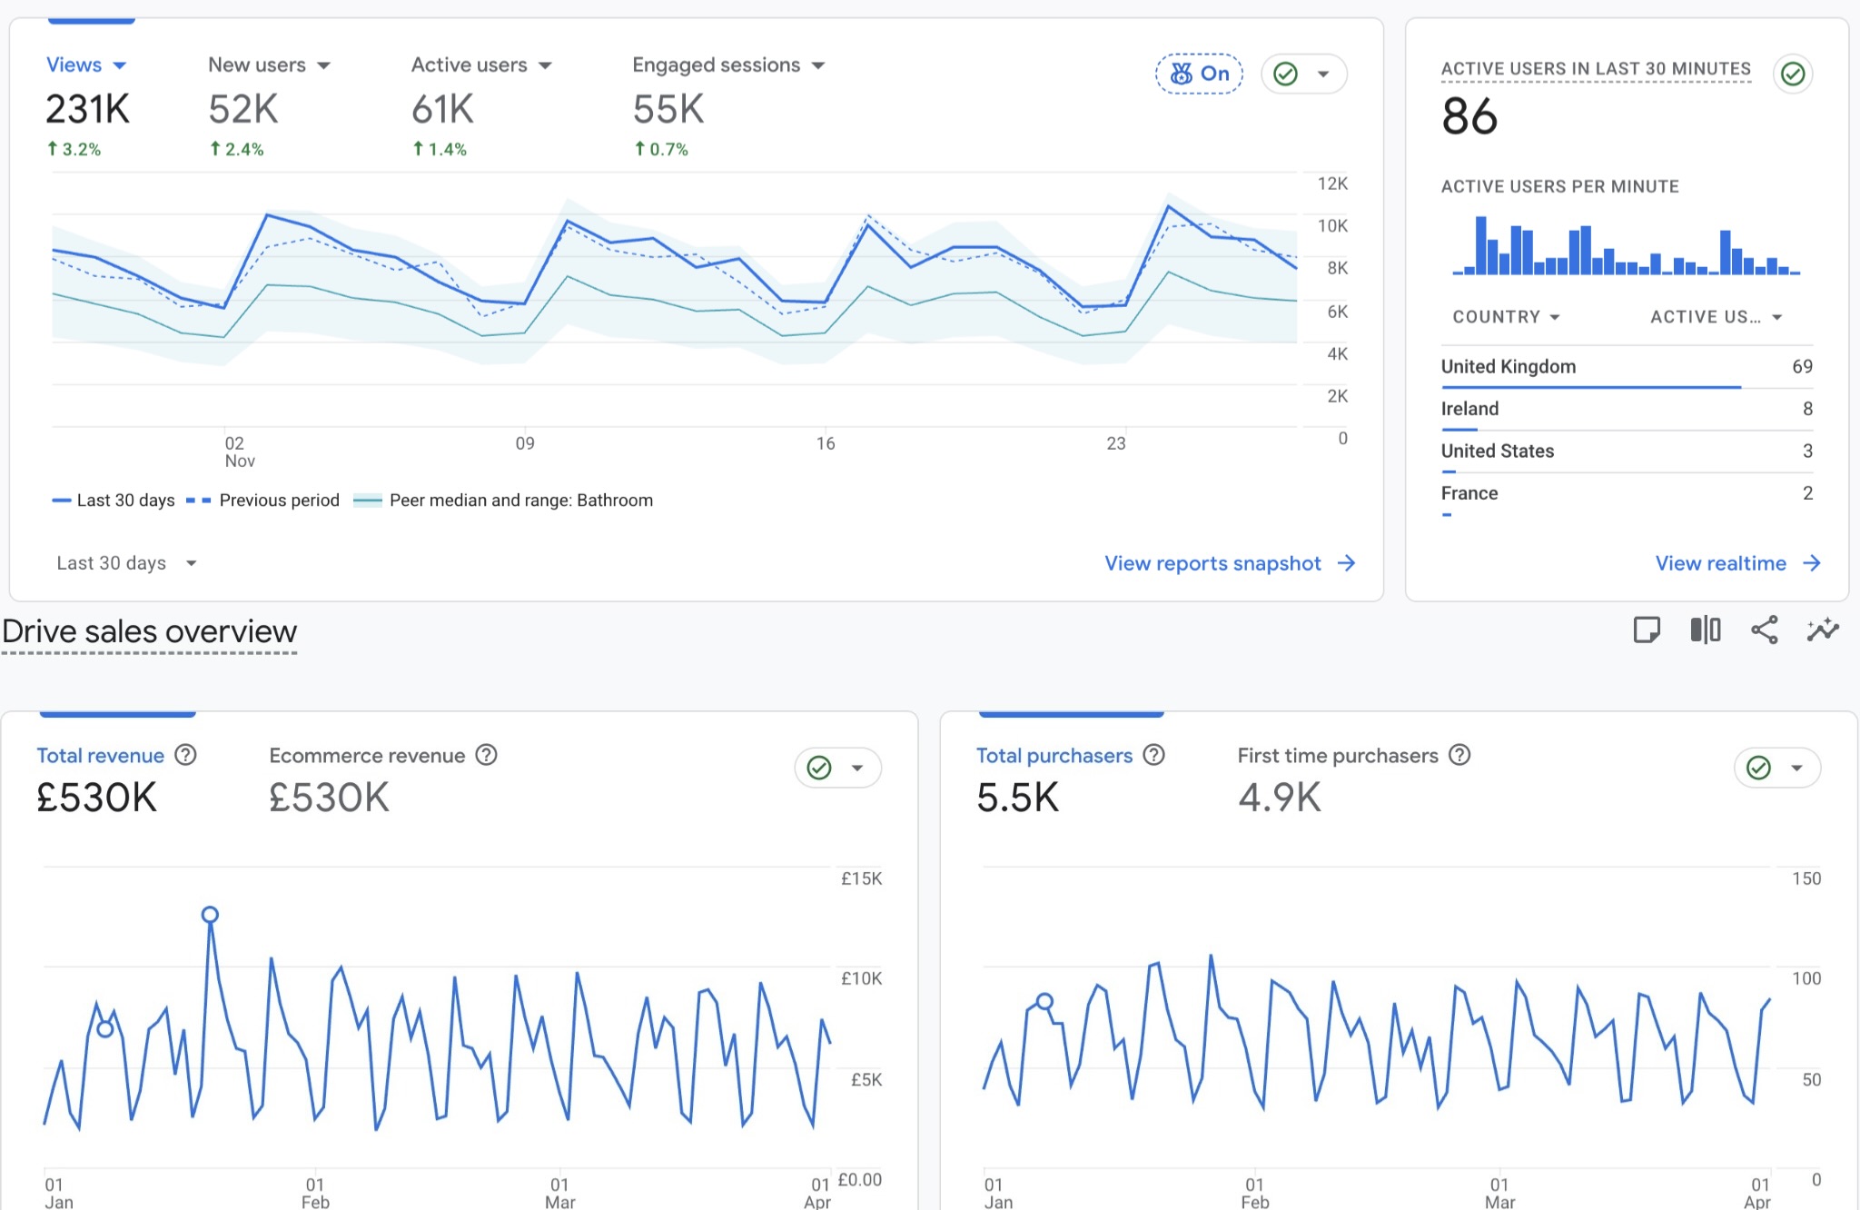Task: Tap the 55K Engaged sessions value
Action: (668, 110)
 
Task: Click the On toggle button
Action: (1199, 74)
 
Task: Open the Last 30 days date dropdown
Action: (126, 563)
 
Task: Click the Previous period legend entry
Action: (278, 501)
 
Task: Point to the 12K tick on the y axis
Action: (1331, 183)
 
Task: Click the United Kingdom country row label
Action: (1508, 366)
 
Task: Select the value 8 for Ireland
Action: (1807, 409)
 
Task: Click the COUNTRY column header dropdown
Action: (1506, 317)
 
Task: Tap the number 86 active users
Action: (1469, 117)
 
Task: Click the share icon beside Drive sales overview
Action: (1764, 630)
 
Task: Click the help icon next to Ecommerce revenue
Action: (487, 755)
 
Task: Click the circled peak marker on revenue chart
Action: (210, 915)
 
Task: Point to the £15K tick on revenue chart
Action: (861, 878)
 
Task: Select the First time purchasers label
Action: (1337, 756)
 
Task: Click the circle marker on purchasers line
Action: (1044, 1001)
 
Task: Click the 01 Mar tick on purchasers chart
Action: (1499, 1192)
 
